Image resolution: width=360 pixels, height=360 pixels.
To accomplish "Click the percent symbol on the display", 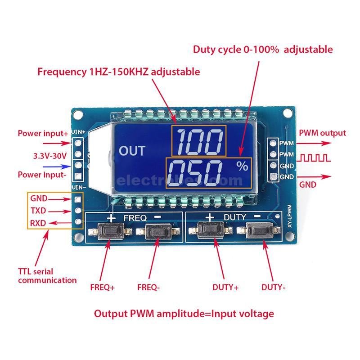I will tap(242, 166).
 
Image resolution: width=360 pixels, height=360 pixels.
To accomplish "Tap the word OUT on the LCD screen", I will tap(132, 150).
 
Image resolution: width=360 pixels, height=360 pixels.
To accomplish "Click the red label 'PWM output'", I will tap(322, 133).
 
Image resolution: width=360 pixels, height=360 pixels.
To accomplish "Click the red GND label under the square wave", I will tap(308, 184).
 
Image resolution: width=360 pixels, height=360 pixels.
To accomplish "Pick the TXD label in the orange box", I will tap(38, 210).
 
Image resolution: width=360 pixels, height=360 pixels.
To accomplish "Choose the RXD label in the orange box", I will tap(38, 222).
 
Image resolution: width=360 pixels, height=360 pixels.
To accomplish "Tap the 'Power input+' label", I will tap(43, 134).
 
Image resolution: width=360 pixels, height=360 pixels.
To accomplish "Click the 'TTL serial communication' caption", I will tap(47, 275).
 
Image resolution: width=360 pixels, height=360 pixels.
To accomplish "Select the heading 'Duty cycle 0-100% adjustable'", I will tap(263, 49).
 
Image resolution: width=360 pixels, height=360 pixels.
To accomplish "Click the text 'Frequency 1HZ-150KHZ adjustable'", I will tap(119, 71).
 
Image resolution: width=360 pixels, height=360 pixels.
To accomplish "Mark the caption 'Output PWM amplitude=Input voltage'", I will tap(184, 314).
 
